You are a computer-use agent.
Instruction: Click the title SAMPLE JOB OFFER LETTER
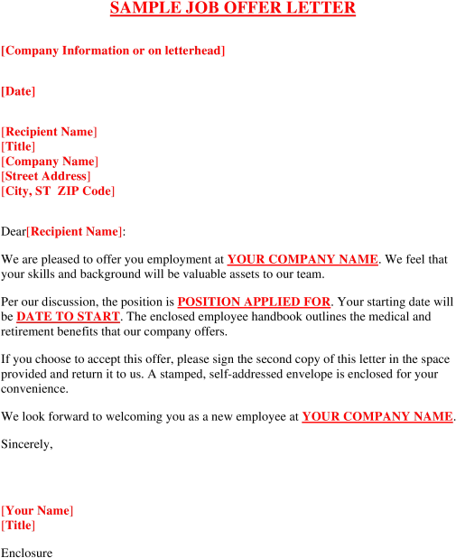coord(233,8)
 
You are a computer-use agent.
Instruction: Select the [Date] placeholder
coord(18,91)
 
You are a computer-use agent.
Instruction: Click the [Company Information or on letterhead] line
coord(113,51)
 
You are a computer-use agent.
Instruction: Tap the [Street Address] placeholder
coord(46,176)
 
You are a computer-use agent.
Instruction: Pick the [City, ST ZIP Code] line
coord(58,191)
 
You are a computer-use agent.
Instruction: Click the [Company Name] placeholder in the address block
coord(50,162)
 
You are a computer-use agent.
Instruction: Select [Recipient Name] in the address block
coord(49,132)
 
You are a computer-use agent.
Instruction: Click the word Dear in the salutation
coord(14,232)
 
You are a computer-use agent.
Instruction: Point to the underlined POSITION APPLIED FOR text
coord(254,302)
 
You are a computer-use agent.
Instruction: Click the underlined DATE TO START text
coord(68,317)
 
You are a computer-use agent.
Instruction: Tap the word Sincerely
coord(27,444)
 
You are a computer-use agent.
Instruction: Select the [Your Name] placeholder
coord(37,511)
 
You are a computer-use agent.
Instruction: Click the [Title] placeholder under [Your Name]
coord(18,525)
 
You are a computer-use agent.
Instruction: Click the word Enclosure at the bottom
coord(27,553)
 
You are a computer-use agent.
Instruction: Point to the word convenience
coord(34,389)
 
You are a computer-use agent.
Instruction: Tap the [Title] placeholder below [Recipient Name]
coord(18,146)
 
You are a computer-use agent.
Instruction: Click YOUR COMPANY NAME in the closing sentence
coord(377,417)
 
